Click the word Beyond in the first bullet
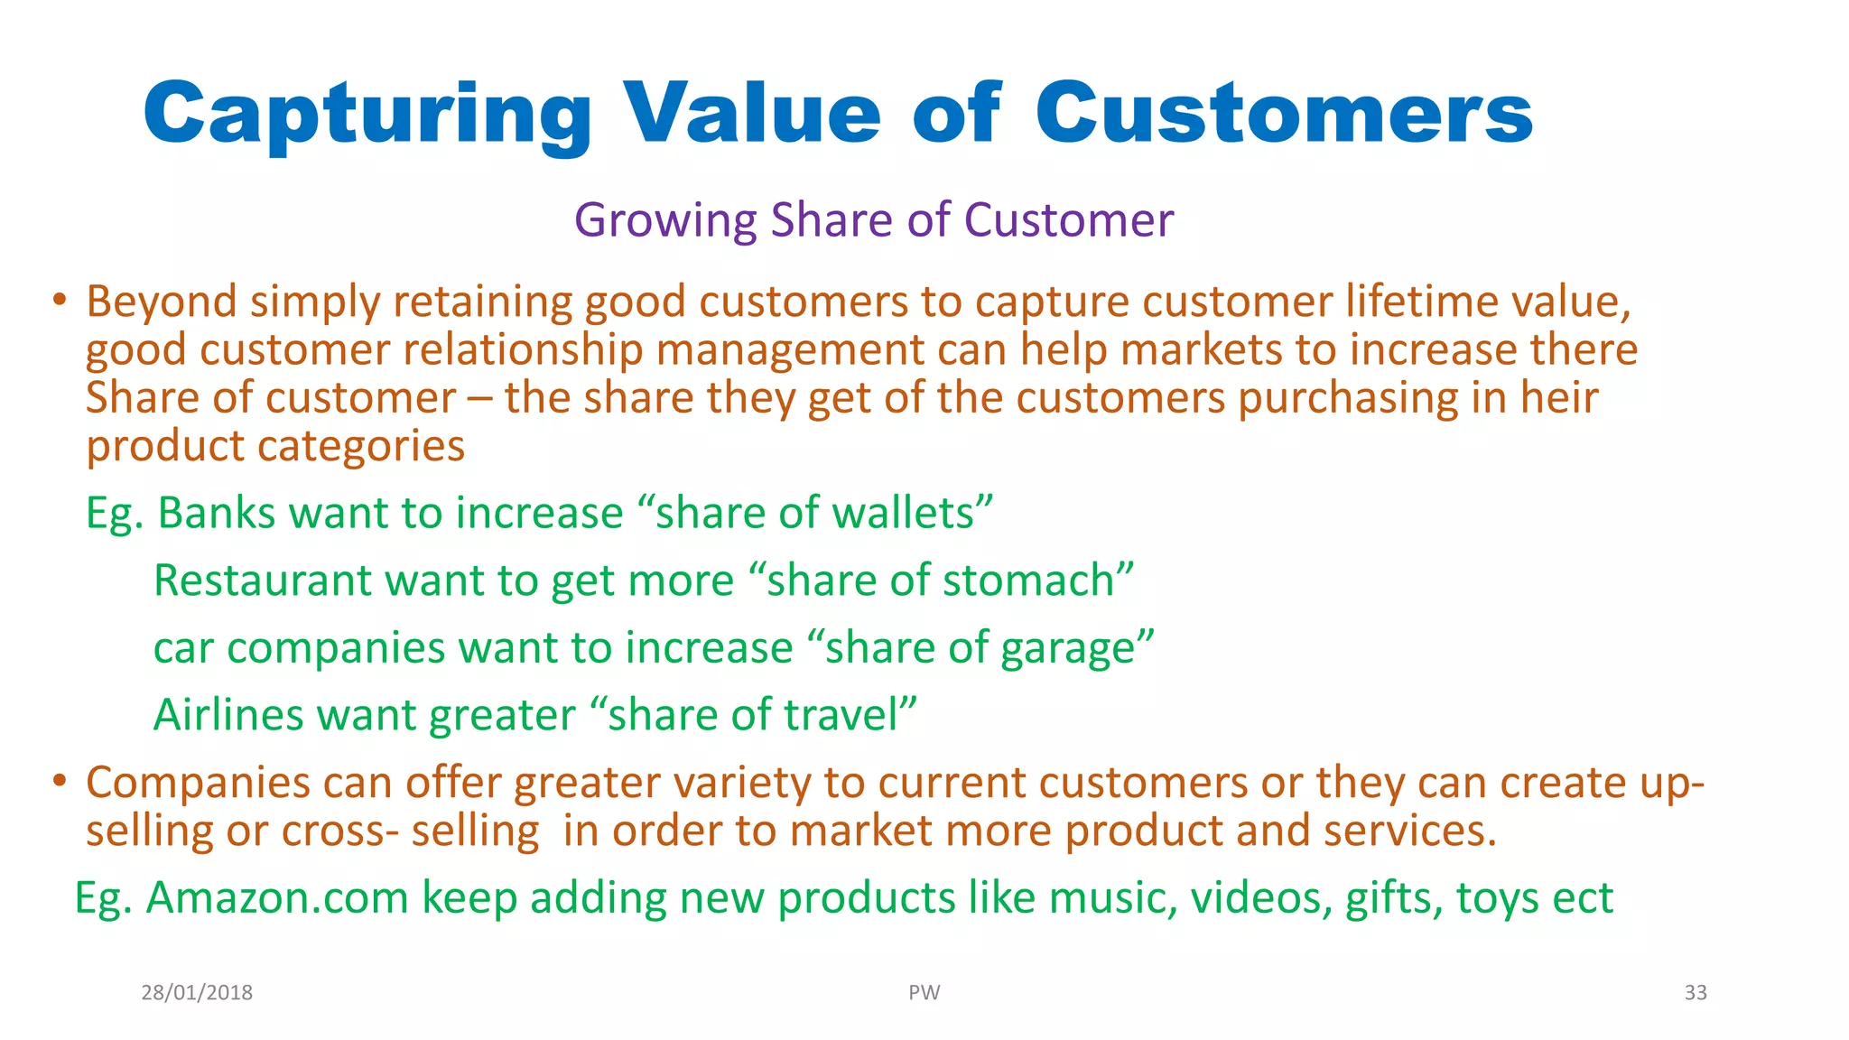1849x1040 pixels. click(x=161, y=302)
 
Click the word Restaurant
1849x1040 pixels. click(x=263, y=580)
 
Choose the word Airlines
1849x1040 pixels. click(x=228, y=715)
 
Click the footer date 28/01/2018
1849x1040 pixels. click(x=197, y=993)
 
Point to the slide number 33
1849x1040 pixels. click(x=1696, y=993)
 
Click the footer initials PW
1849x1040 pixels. click(x=924, y=993)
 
